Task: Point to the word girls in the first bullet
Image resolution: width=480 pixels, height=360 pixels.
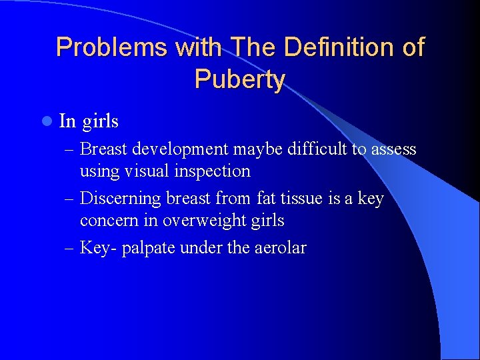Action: click(101, 121)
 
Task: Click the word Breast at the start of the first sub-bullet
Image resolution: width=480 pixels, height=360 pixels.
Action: click(107, 149)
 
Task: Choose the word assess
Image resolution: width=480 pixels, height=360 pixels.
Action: click(393, 149)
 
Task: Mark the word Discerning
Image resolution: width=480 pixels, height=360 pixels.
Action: click(121, 199)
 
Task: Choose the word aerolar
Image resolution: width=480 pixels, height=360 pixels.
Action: click(281, 248)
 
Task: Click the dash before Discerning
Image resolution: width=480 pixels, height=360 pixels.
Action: click(70, 199)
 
